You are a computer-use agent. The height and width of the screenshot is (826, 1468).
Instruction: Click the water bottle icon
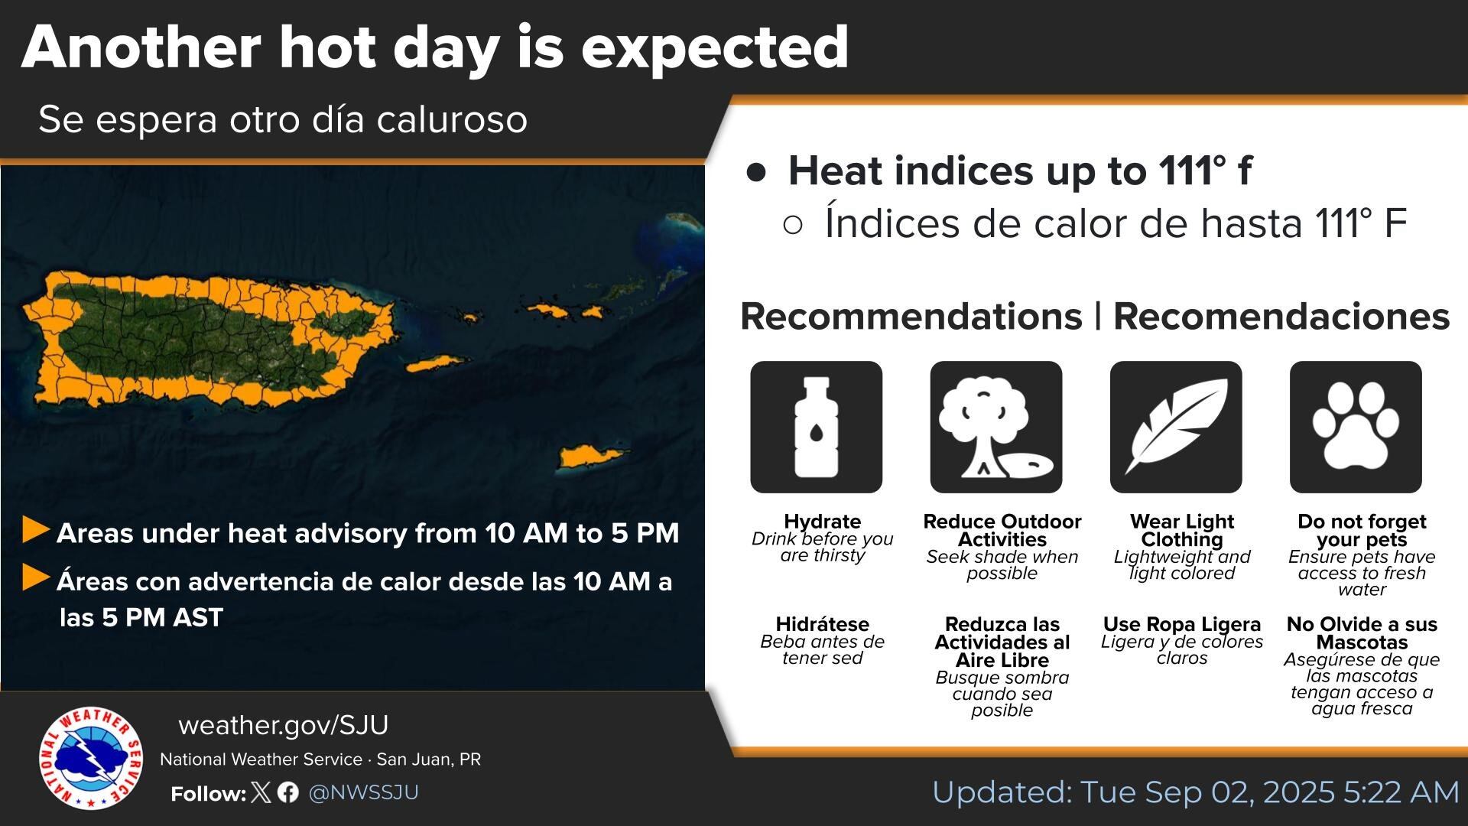coord(816,427)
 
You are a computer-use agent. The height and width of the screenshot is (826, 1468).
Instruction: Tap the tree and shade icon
coord(995,427)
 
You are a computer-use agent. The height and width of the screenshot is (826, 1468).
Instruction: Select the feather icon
coord(1175,427)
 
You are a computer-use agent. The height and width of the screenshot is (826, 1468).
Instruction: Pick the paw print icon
coord(1355,427)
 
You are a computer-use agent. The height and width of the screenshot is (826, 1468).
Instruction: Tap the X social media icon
coord(261,792)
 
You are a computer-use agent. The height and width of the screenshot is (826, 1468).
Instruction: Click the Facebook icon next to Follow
coord(288,792)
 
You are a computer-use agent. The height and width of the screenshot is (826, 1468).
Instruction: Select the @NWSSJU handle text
coord(363,792)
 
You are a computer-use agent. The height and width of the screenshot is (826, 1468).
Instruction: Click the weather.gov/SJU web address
coord(283,725)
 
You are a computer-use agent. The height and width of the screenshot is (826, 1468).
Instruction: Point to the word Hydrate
coord(822,522)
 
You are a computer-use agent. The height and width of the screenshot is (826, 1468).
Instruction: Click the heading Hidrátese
coord(822,624)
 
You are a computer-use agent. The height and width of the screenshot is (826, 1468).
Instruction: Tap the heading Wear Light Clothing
coord(1181,530)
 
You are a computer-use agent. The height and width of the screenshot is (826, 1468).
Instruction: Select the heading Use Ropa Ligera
coord(1181,624)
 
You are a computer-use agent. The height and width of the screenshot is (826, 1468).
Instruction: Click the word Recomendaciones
coord(1281,317)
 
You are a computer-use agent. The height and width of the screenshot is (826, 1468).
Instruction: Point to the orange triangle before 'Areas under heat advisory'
coord(35,529)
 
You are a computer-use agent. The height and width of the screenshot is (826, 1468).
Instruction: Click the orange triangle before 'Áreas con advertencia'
coord(35,578)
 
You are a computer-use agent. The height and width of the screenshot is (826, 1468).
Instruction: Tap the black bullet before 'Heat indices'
coord(756,172)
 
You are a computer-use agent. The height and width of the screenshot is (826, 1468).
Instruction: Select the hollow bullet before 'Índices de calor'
coord(793,225)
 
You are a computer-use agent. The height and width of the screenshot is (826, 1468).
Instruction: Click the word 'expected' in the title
coord(714,47)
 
